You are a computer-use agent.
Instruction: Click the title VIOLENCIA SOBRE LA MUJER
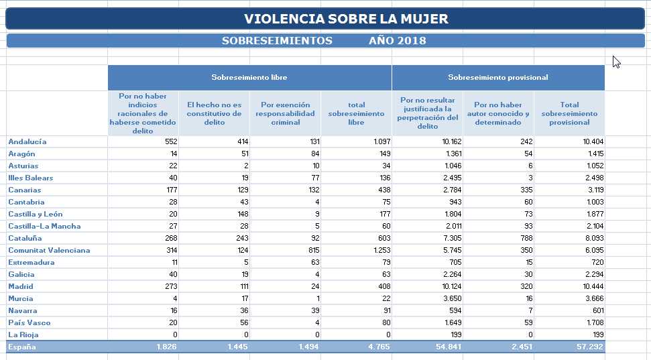(346, 19)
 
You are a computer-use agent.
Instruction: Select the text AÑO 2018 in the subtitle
(398, 41)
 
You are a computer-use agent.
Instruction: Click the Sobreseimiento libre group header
(249, 77)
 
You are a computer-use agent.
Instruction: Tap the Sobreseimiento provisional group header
(497, 77)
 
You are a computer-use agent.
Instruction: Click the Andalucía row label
(27, 141)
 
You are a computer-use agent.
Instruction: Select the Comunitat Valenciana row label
(49, 250)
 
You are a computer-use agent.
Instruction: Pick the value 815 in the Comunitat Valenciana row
(314, 250)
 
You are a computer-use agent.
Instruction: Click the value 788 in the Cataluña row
(526, 239)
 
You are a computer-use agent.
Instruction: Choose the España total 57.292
(590, 347)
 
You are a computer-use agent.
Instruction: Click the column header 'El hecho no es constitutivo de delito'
(215, 113)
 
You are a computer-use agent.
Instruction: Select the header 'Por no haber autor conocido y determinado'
(497, 113)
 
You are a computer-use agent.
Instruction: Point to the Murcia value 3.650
(452, 298)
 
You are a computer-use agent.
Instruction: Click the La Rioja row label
(23, 335)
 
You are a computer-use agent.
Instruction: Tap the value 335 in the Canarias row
(526, 190)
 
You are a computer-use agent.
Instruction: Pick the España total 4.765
(379, 347)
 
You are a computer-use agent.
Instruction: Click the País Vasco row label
(29, 322)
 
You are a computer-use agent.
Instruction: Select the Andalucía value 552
(171, 141)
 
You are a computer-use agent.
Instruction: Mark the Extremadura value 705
(455, 262)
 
